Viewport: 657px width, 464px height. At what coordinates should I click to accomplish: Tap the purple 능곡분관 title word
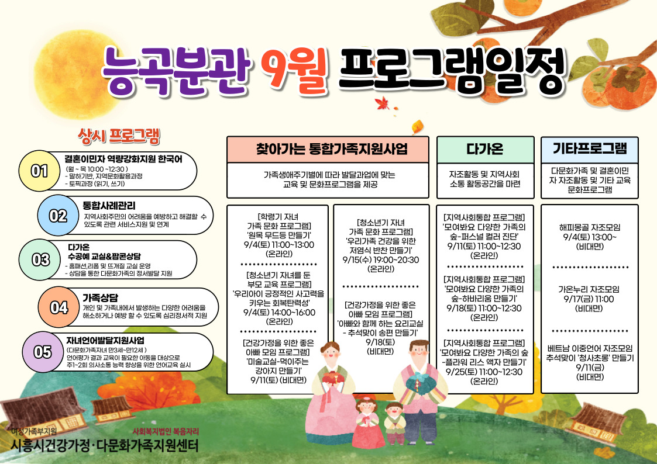[176, 70]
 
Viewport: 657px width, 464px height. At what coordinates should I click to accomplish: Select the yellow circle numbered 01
[39, 171]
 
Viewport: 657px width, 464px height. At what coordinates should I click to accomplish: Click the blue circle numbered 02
[58, 216]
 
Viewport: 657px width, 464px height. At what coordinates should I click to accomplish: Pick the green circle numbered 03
[39, 259]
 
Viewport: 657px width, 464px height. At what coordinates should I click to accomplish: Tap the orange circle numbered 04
[59, 307]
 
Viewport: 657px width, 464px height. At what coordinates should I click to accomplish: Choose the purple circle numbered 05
[42, 352]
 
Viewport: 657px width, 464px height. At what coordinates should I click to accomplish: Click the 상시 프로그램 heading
[119, 136]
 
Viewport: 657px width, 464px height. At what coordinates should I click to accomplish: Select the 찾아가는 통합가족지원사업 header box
[328, 150]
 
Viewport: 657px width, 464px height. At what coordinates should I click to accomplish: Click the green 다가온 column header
[485, 150]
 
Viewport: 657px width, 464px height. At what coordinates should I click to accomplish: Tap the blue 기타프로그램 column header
[590, 150]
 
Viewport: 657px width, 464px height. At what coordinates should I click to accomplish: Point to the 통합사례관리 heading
[109, 206]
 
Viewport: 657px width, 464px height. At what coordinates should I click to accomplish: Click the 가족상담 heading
[100, 298]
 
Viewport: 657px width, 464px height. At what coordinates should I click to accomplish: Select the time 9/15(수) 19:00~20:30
[381, 260]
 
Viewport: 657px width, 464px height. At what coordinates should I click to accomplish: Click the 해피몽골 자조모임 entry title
[590, 227]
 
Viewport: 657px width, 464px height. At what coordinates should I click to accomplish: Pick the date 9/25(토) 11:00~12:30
[484, 372]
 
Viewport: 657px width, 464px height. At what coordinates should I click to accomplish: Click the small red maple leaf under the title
[382, 103]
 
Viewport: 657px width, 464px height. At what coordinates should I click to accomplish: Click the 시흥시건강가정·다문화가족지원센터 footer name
[105, 445]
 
